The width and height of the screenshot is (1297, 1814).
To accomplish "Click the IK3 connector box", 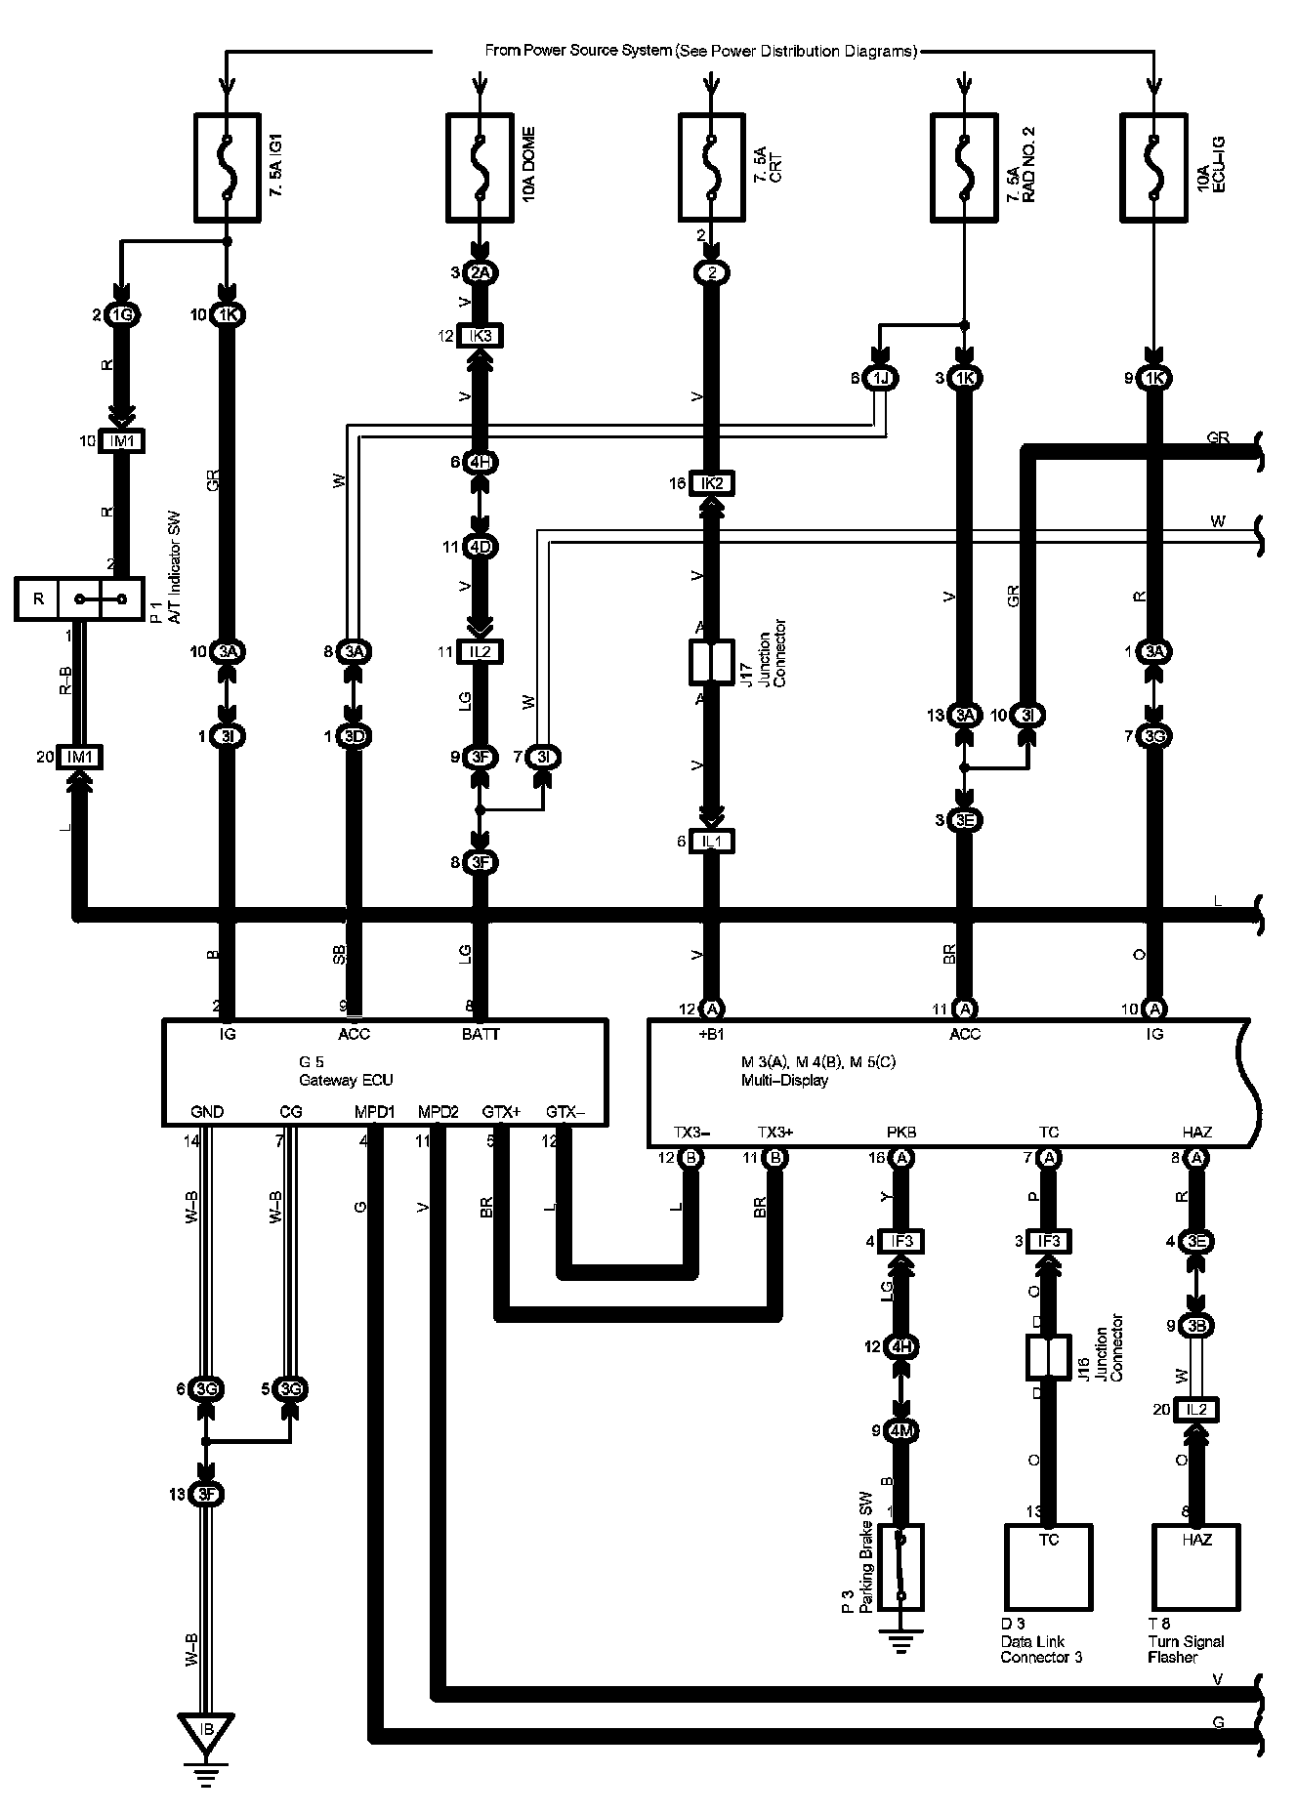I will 480,336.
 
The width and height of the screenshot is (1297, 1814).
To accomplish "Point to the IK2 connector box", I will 712,482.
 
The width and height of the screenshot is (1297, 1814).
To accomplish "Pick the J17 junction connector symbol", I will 712,662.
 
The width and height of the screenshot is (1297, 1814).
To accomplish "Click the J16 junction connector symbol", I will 1048,1357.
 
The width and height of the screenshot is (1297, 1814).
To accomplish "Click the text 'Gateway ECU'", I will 346,1080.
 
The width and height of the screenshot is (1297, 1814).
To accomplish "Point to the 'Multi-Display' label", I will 784,1080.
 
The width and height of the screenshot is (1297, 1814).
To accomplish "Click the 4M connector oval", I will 900,1431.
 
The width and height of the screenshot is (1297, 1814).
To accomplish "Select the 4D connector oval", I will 480,546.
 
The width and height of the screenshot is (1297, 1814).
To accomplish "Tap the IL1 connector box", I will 712,841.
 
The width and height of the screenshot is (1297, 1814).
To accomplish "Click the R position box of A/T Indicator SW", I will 38,598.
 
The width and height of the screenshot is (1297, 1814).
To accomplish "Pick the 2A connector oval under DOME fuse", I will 480,272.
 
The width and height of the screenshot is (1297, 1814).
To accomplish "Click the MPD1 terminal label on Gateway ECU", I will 374,1112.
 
